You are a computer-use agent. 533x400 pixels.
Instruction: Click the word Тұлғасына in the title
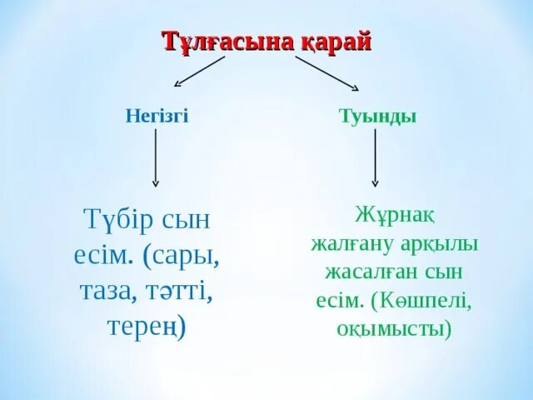coord(214,42)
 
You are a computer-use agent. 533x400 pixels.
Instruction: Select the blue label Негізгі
coord(157,116)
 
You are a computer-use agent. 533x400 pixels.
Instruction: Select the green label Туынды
coord(378,116)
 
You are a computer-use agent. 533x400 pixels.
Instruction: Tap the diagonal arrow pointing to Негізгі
coord(200,72)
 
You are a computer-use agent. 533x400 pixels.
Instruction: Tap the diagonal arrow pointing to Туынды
coord(326,73)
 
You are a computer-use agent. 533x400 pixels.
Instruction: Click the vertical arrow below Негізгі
coord(156,157)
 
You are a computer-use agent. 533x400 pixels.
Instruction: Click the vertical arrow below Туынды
coord(376,157)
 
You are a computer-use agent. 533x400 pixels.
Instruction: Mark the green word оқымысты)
coord(394,328)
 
